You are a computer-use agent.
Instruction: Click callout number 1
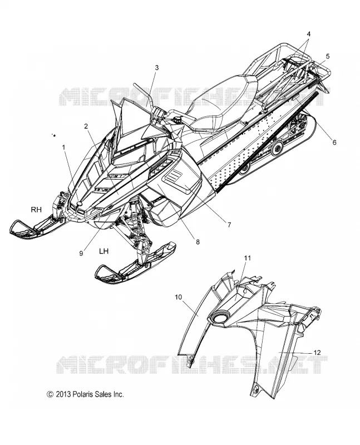64,147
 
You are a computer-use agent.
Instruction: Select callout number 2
86,127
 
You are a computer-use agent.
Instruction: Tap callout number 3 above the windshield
157,67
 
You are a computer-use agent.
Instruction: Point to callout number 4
309,34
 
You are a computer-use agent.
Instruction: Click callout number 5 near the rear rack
328,56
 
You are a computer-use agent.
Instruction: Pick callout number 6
334,142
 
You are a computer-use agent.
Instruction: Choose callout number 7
229,225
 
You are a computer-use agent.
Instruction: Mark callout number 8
198,242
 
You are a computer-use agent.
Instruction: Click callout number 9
81,254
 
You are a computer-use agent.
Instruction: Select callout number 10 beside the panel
179,297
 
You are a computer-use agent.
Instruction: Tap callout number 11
248,258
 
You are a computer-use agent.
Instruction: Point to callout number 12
317,353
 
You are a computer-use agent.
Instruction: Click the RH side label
36,210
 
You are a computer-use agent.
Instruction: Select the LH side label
103,251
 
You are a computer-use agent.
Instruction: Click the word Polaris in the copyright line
83,394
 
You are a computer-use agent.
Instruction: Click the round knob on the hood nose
80,203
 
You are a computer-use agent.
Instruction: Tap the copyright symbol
50,394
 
